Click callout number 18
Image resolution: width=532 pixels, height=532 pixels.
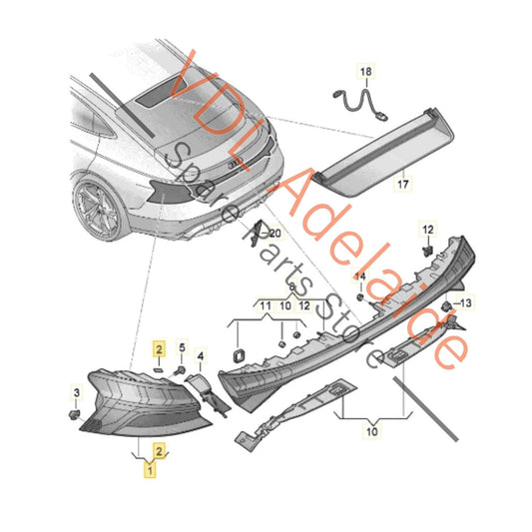click(x=365, y=72)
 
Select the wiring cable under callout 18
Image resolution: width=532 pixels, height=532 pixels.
click(x=360, y=104)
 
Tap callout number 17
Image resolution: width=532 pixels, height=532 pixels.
click(x=402, y=185)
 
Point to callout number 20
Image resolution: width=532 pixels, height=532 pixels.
click(x=274, y=234)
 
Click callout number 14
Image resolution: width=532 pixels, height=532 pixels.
click(x=360, y=276)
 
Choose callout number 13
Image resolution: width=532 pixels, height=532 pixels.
click(x=465, y=302)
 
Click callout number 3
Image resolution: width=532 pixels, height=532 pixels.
click(x=77, y=393)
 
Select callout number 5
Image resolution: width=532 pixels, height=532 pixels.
click(x=183, y=347)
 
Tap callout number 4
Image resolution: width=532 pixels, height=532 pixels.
click(x=201, y=356)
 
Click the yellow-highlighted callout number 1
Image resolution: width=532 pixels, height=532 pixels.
click(x=150, y=470)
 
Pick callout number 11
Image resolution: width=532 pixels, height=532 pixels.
click(x=266, y=306)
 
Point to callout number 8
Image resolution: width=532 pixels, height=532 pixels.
click(x=291, y=287)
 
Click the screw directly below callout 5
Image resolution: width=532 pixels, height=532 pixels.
click(x=180, y=371)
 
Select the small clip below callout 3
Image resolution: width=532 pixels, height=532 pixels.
click(x=74, y=414)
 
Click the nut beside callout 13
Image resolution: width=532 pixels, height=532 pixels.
click(x=446, y=305)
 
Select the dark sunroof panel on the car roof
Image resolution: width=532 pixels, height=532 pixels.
click(x=162, y=92)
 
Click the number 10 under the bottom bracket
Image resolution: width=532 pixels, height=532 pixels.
click(x=372, y=432)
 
